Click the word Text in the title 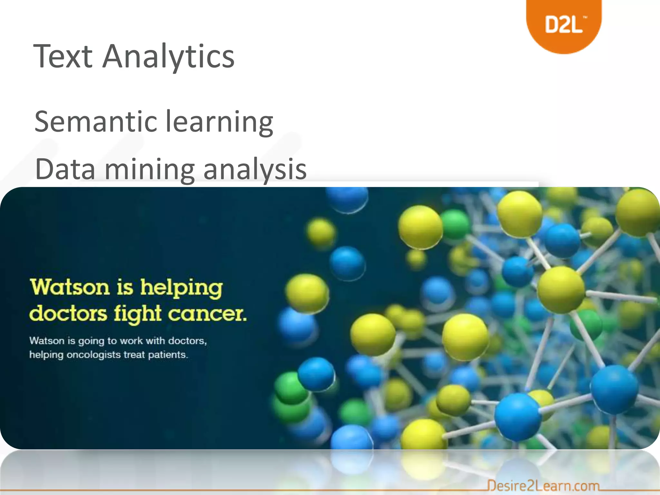pyautogui.click(x=63, y=57)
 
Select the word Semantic pyautogui.click(x=95, y=122)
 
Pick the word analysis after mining pyautogui.click(x=255, y=170)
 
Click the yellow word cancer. pyautogui.click(x=208, y=314)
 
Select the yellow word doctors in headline pyautogui.click(x=68, y=314)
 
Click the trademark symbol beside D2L pyautogui.click(x=586, y=18)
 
